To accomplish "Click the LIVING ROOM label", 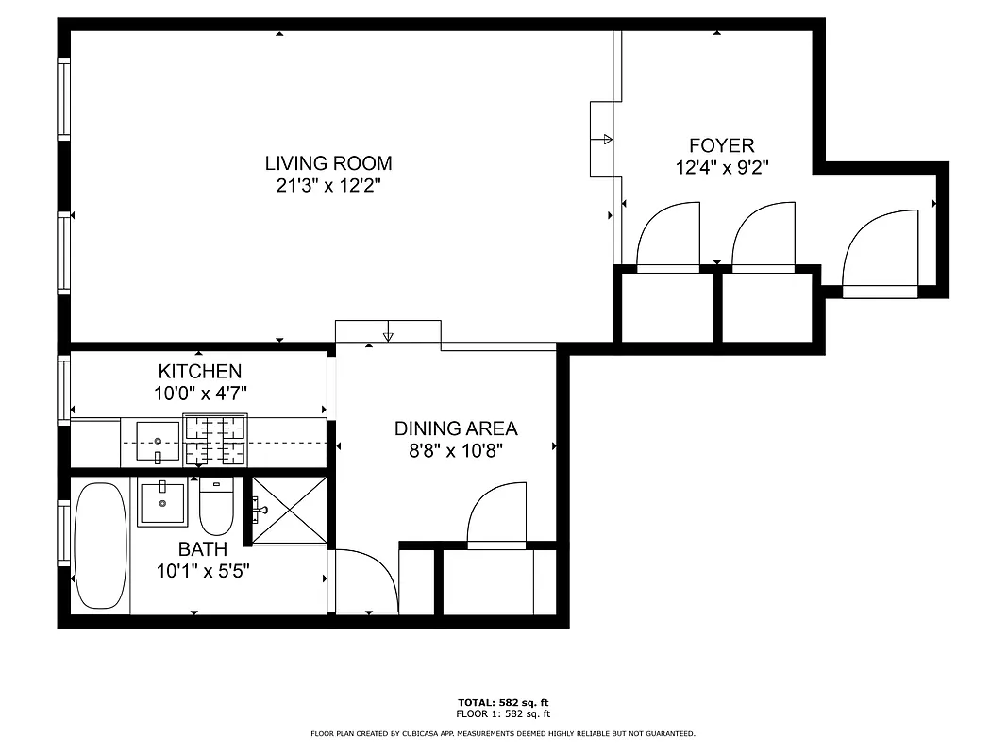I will point(327,163).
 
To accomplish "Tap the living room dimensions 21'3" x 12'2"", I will point(327,186).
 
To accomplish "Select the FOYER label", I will point(721,145).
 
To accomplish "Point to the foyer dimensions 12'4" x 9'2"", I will point(721,167).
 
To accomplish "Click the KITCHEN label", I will point(199,372).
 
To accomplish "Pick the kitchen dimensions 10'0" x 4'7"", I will point(199,394).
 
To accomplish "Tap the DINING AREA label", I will point(456,428).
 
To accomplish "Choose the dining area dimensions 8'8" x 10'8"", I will point(456,450).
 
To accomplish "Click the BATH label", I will point(202,548).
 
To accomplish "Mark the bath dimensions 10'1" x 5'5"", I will point(202,570).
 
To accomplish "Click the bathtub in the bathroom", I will point(100,545).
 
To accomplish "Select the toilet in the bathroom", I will point(216,508).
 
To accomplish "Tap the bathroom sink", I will point(162,502).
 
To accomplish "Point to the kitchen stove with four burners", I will point(215,441).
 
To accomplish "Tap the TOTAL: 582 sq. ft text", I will point(502,703).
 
